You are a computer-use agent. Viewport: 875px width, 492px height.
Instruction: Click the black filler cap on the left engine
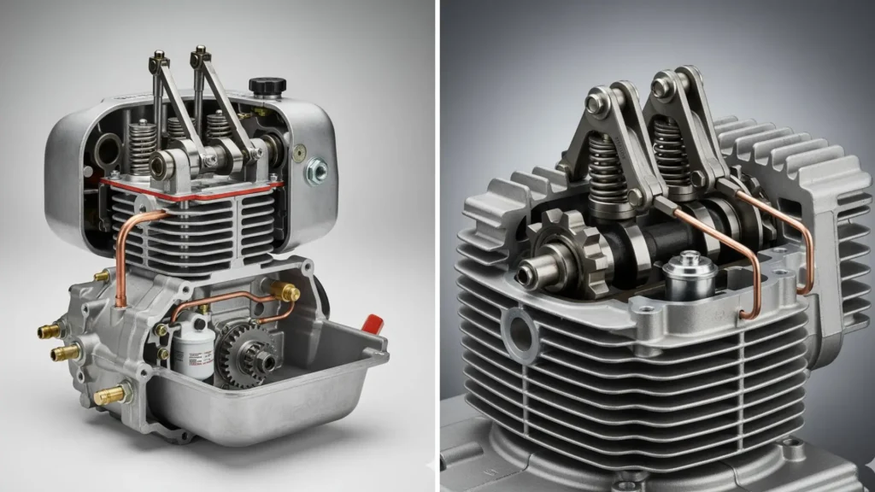pyautogui.click(x=267, y=86)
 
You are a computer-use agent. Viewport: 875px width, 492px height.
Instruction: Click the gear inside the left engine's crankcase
pyautogui.click(x=244, y=353)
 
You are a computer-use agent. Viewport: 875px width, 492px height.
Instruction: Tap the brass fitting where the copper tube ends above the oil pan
pyautogui.click(x=288, y=293)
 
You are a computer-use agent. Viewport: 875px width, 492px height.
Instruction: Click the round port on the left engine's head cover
pyautogui.click(x=108, y=150)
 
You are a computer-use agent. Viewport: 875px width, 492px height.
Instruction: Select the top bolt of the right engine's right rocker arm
pyautogui.click(x=662, y=85)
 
